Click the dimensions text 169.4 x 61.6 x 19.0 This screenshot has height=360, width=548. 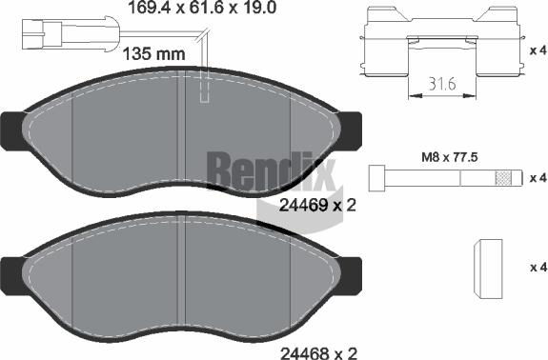coord(202,7)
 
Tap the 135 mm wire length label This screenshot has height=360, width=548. coord(154,54)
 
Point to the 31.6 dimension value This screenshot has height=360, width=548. coord(442,85)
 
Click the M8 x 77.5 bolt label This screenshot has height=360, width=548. coord(450,157)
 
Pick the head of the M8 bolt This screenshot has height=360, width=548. coord(377,178)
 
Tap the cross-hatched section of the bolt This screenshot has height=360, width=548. coord(503,178)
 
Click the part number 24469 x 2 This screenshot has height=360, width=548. coord(317,205)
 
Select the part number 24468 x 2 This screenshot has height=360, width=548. coord(317,352)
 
